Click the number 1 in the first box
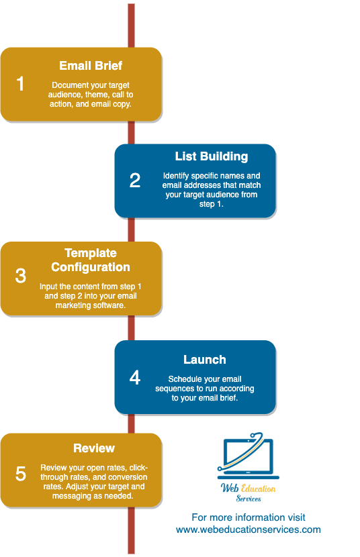(x=20, y=84)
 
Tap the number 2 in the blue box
(x=135, y=180)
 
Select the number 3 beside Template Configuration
(x=20, y=276)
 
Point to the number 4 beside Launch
(x=135, y=377)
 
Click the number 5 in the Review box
(x=20, y=473)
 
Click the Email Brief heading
(x=91, y=66)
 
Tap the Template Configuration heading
(x=91, y=260)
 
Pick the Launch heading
(x=205, y=360)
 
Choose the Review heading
(x=94, y=448)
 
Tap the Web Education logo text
(x=249, y=489)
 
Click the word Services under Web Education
(x=249, y=499)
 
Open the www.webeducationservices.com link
(x=249, y=529)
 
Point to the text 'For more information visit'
(x=249, y=517)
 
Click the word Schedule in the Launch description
(x=185, y=379)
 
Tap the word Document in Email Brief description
(x=70, y=85)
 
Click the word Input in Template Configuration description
(x=49, y=286)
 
